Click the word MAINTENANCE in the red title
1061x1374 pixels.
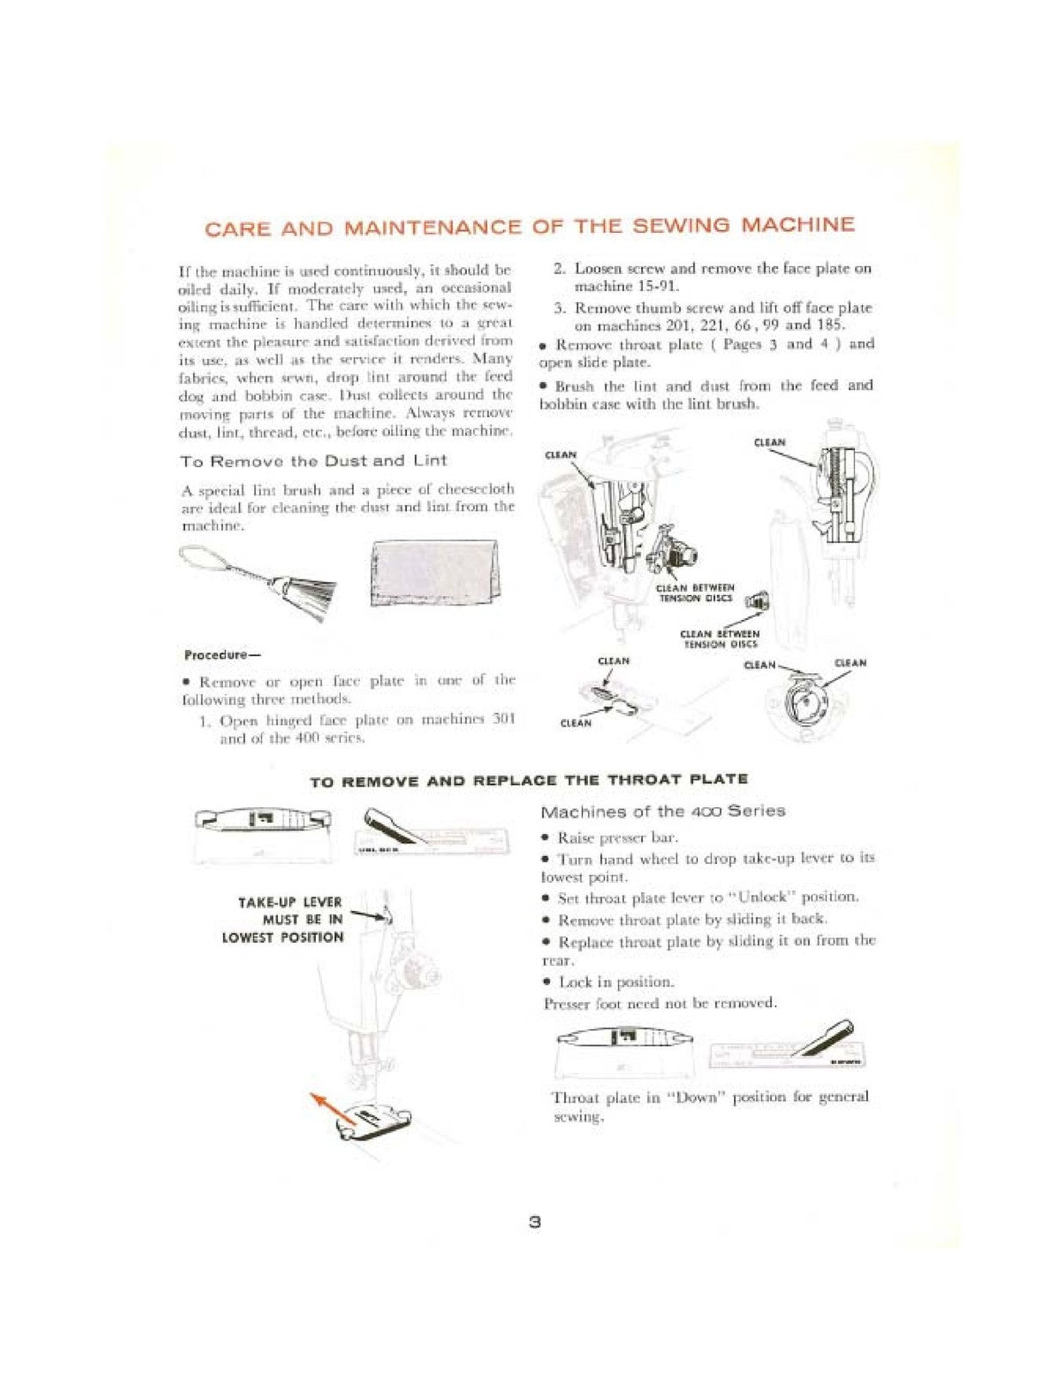[432, 228]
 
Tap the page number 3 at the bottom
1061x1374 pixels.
[534, 1222]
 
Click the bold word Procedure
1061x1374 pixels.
[215, 654]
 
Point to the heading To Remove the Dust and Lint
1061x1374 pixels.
[313, 461]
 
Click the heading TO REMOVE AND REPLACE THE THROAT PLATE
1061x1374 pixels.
[529, 781]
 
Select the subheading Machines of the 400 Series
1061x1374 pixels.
[663, 812]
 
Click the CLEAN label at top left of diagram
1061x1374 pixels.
[561, 454]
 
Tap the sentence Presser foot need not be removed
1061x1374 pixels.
[659, 1002]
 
